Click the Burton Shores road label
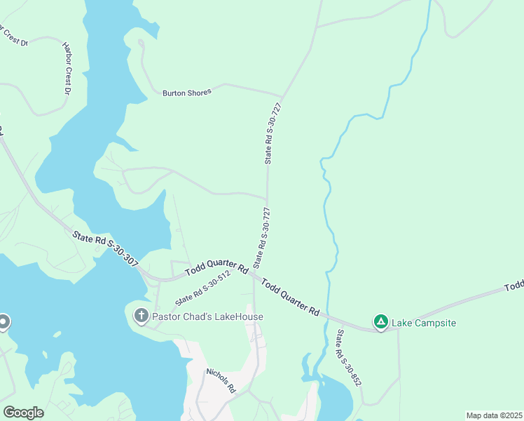186,92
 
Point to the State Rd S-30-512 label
203,288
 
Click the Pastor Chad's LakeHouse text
208,316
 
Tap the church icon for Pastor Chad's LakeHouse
141,316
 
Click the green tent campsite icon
380,322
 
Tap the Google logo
23,413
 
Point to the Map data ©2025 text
494,415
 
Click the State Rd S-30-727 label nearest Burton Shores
273,133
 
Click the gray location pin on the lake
3,322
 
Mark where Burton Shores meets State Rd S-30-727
282,96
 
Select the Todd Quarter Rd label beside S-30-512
216,269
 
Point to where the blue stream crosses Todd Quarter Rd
326,316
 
